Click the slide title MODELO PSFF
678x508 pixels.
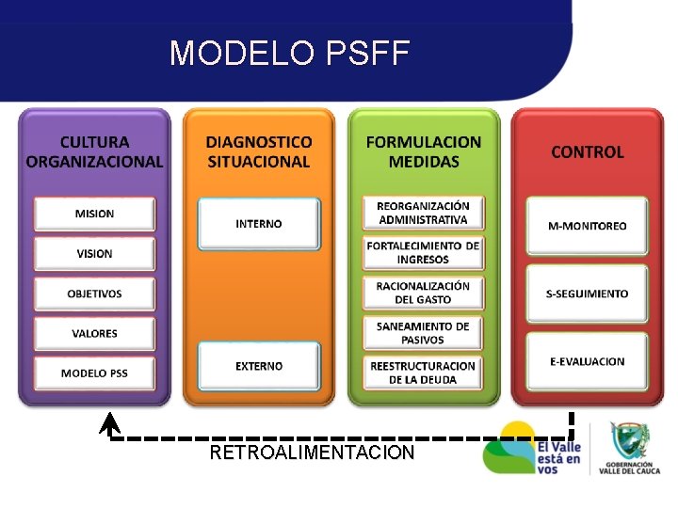click(x=289, y=53)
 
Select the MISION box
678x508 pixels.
click(x=94, y=214)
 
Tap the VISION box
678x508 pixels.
click(x=94, y=253)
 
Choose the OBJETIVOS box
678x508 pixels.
click(x=94, y=294)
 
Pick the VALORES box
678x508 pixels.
click(x=94, y=333)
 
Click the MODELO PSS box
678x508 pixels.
click(x=94, y=373)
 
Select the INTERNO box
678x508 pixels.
click(x=259, y=224)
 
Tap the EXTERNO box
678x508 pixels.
click(x=259, y=366)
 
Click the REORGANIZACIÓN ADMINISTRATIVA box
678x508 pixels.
click(x=423, y=214)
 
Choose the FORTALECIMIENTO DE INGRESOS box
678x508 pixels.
click(x=423, y=253)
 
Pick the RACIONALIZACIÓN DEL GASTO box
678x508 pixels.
click(x=423, y=293)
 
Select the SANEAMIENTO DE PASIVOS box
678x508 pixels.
click(x=423, y=333)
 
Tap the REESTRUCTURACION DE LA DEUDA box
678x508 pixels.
click(x=423, y=373)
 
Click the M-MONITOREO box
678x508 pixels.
click(x=587, y=226)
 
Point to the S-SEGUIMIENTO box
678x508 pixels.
click(x=587, y=294)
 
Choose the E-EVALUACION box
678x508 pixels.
click(x=587, y=361)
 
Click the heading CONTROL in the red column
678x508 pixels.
click(x=587, y=151)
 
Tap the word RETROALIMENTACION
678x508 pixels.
click(x=312, y=452)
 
